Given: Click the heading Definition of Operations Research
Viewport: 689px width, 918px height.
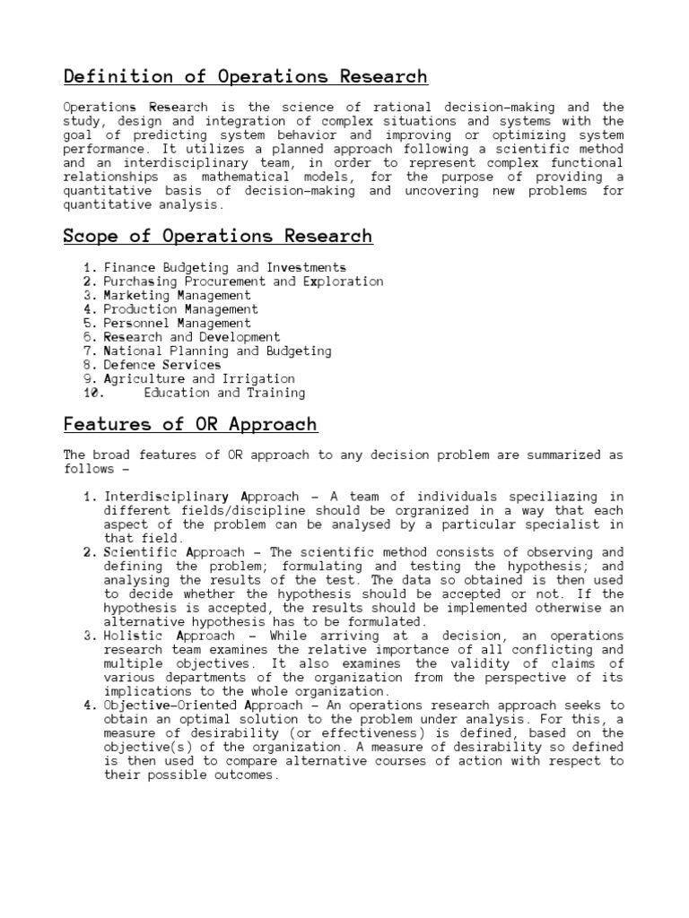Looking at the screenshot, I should coord(245,76).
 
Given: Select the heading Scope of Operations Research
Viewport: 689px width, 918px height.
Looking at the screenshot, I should coord(217,237).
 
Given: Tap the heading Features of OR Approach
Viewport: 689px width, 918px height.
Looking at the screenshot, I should coord(190,424).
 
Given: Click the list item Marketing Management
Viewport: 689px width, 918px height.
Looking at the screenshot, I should coord(178,295).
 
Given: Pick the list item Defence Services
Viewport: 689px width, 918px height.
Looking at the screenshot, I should coord(162,365).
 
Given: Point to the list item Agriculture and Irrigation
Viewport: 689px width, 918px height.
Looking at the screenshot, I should coord(199,378).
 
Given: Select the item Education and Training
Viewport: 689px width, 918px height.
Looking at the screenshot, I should coord(224,393).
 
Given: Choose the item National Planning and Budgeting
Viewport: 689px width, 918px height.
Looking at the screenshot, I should coord(218,351).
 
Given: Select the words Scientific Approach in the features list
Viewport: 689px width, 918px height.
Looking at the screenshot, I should coord(162,552).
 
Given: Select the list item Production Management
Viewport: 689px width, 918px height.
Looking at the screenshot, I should coord(181,309).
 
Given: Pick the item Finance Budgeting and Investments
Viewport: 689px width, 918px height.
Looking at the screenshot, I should coord(225,267).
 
